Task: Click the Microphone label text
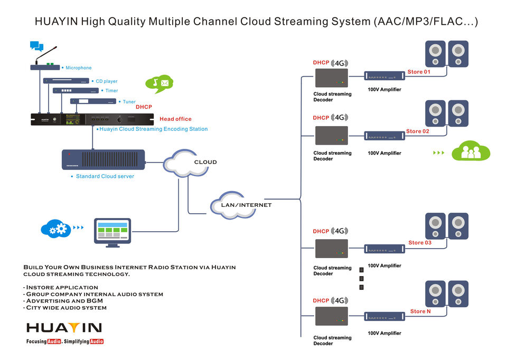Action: (x=78, y=68)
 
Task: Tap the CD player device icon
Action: (x=66, y=81)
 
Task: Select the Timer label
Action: (x=111, y=91)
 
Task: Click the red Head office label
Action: (x=175, y=119)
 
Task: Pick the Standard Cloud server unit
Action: (x=103, y=159)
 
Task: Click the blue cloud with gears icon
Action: (x=55, y=228)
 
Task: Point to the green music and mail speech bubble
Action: (x=159, y=83)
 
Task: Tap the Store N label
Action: (x=420, y=311)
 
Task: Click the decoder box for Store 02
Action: (x=332, y=136)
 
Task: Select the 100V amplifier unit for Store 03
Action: (x=384, y=249)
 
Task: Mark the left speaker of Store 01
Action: (x=436, y=53)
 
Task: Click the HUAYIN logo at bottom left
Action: (x=64, y=327)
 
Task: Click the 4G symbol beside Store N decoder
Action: (x=339, y=300)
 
